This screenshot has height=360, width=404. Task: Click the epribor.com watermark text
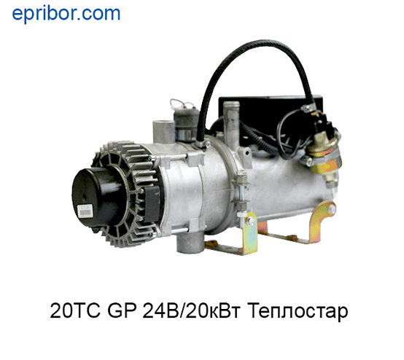coord(66,14)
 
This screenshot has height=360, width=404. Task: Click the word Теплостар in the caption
coord(299,311)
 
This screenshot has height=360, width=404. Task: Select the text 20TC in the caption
coord(75,310)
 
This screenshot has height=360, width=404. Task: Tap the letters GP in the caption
coord(121,310)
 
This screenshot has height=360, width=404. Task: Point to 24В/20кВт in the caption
coord(192,310)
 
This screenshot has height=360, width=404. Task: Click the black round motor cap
coord(96,196)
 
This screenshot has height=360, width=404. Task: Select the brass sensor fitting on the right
coord(324,154)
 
